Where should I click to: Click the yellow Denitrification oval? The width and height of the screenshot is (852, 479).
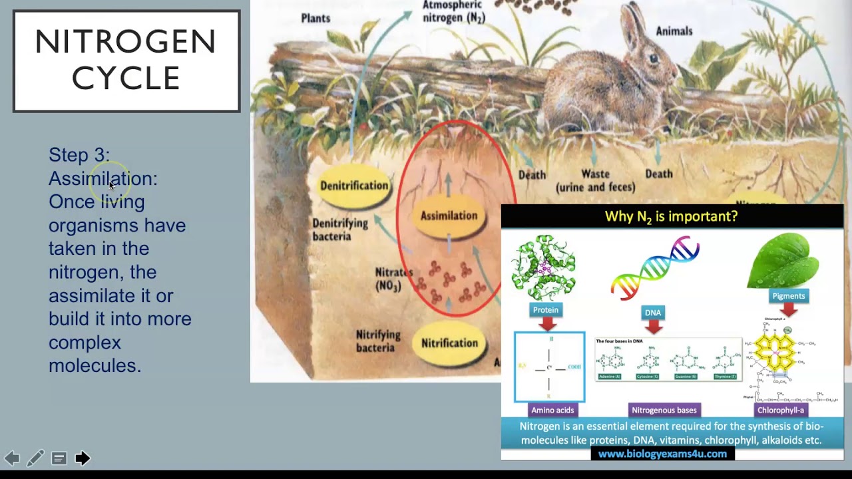354,186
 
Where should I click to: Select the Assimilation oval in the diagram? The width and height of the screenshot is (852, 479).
449,216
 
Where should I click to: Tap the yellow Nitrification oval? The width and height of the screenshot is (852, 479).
449,343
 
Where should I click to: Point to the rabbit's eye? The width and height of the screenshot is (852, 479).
653,59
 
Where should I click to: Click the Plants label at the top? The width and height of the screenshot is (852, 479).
316,18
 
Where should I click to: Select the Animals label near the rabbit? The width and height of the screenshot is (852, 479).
674,31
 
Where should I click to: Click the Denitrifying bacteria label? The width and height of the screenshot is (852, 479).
340,230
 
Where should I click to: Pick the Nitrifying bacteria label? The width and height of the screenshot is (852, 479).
378,341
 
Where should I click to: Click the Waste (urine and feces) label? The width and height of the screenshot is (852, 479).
595,180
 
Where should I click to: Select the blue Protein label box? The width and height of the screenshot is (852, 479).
546,310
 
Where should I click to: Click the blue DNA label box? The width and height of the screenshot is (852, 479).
653,313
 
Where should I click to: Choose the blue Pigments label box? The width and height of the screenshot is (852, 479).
788,296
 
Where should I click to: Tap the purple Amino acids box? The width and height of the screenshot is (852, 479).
552,410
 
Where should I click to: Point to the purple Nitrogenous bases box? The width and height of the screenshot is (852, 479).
664,410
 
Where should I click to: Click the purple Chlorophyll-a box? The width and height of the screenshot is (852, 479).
781,410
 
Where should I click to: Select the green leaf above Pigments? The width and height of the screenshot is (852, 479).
783,260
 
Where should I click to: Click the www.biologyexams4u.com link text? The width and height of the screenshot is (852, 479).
662,454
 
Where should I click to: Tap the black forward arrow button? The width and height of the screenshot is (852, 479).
83,458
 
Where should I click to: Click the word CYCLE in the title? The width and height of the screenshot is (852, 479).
126,78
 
